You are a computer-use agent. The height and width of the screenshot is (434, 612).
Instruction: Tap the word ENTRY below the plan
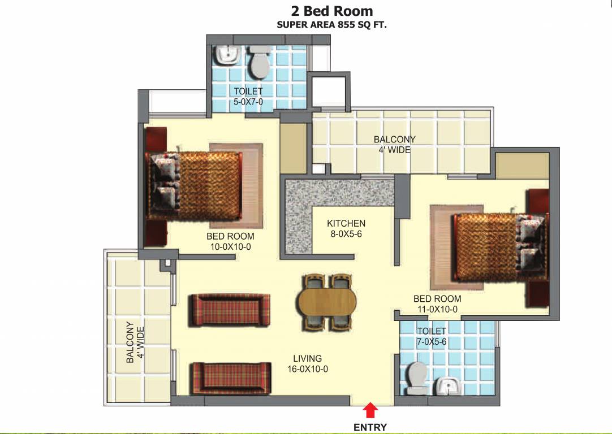[x=370, y=427]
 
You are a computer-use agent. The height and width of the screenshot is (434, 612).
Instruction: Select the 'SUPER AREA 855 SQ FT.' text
[x=331, y=25]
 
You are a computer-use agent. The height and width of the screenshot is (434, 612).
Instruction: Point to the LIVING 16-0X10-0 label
[x=307, y=363]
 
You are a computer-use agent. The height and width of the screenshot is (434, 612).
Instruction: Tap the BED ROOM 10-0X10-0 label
[x=230, y=241]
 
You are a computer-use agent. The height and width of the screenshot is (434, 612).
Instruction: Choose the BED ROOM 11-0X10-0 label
[x=437, y=303]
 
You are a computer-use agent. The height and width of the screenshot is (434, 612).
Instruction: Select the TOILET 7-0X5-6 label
[x=432, y=336]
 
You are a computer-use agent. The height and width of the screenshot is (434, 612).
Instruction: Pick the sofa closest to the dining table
[x=229, y=310]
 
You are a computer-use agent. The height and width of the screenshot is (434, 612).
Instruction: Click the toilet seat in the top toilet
[x=260, y=63]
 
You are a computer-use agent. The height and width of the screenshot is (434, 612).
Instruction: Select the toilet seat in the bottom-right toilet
[x=417, y=377]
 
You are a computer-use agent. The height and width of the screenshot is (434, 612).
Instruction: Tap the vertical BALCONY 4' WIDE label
[x=135, y=342]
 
